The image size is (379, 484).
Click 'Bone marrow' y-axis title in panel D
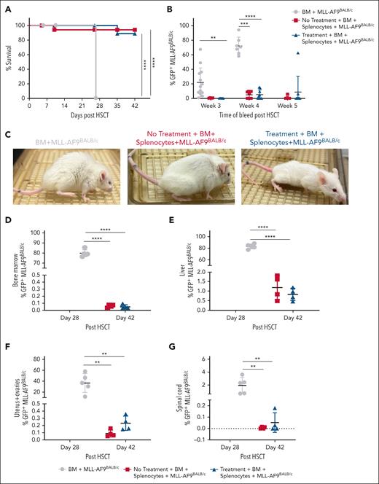tap(14, 255)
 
